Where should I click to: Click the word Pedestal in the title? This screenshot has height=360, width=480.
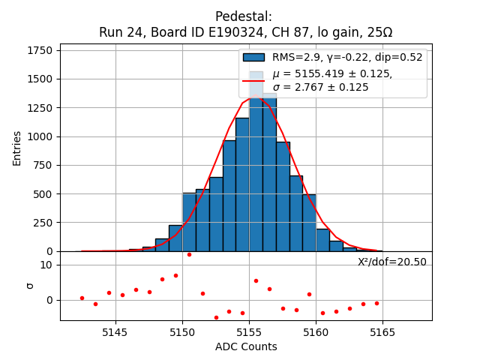[x=244, y=16]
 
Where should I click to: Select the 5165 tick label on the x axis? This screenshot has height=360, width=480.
[x=382, y=333]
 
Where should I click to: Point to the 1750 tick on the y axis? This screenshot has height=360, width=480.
[x=43, y=50]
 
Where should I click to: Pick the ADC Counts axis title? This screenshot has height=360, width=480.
[x=246, y=346]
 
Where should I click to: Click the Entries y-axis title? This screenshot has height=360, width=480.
[x=17, y=147]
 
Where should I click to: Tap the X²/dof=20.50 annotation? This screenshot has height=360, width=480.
[x=391, y=262]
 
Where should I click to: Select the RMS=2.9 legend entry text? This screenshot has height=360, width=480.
[x=347, y=57]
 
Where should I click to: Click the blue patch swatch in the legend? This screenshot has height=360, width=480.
[x=253, y=57]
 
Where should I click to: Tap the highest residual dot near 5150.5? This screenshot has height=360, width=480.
[x=189, y=254]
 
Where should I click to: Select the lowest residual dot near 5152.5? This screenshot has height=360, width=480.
[x=216, y=317]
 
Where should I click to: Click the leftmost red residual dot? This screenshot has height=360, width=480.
[x=82, y=298]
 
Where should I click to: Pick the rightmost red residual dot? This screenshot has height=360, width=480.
[x=376, y=303]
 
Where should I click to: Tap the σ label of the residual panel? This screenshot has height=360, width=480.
[x=30, y=286]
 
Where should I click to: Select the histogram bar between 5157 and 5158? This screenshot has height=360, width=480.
[x=283, y=196]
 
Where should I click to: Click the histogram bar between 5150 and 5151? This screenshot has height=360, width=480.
[x=189, y=222]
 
